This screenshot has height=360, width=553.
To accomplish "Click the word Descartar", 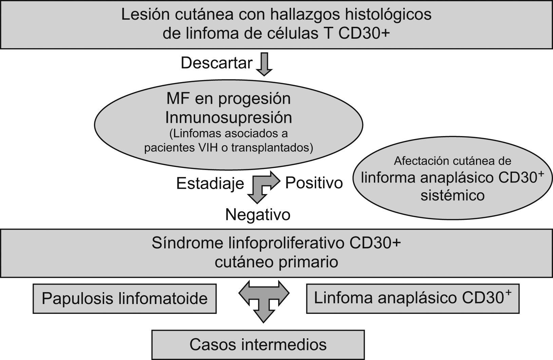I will (x=216, y=63).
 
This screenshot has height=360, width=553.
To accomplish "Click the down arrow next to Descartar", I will (x=264, y=64).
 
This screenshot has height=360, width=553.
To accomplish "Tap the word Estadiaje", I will (x=210, y=184).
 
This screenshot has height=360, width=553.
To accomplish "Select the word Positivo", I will (x=314, y=183).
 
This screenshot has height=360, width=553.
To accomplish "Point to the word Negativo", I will (x=258, y=214).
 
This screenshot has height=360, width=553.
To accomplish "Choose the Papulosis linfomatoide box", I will (x=125, y=299).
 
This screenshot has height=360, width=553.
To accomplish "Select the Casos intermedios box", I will (x=258, y=345).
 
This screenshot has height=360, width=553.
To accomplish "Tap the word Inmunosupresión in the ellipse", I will (x=228, y=117).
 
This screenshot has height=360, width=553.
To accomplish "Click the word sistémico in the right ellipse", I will (x=452, y=195).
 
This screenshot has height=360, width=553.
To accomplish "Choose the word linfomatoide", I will (x=163, y=299).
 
